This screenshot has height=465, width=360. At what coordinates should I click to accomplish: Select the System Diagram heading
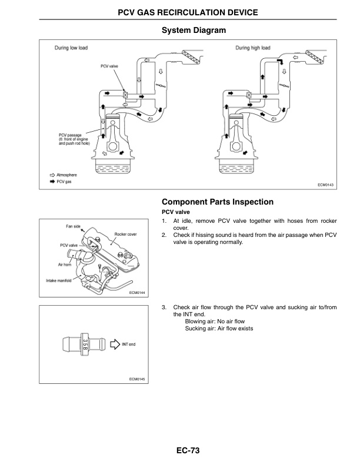click(x=194, y=30)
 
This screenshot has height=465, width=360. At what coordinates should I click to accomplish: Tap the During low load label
click(x=71, y=48)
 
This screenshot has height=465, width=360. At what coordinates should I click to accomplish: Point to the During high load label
click(x=253, y=48)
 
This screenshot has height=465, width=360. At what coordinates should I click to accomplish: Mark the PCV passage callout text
click(x=74, y=139)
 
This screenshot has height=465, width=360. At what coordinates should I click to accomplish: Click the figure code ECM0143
click(x=325, y=185)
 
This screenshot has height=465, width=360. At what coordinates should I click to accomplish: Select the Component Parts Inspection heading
click(x=218, y=202)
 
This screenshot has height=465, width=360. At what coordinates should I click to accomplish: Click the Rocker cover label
click(x=125, y=234)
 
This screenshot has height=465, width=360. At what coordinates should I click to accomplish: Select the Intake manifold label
click(x=59, y=280)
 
